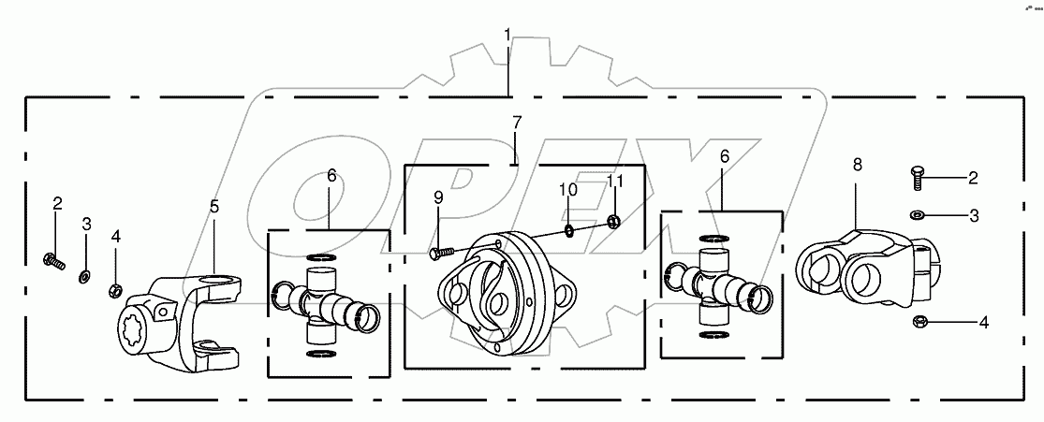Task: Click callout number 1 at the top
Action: [x=507, y=36]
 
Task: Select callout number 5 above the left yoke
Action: [x=214, y=205]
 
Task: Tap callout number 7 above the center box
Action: [x=516, y=123]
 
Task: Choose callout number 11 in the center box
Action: [x=614, y=182]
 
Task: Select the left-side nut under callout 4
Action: [x=116, y=286]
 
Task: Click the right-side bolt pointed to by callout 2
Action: [x=917, y=174]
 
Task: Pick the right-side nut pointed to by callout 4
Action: [x=919, y=324]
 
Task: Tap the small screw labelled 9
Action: [x=440, y=252]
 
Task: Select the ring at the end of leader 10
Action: [x=570, y=229]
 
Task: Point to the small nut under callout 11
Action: [x=613, y=222]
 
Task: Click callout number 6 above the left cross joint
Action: [x=331, y=175]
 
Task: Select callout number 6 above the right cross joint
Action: [x=724, y=158]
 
